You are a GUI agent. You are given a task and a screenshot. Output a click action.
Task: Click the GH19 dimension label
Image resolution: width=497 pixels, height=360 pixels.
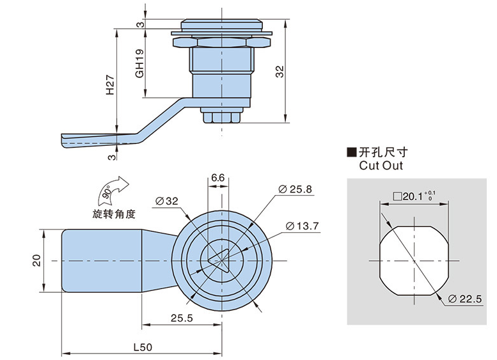point(139,65)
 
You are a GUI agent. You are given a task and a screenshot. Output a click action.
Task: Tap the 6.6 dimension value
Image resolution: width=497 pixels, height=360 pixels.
point(217,177)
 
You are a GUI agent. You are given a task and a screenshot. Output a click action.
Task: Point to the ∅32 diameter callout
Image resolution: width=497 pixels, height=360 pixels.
point(167,201)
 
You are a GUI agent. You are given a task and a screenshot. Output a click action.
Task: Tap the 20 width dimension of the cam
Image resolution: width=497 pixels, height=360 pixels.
point(36,260)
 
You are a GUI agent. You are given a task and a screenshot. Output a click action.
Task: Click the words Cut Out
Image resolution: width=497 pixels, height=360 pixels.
point(382,166)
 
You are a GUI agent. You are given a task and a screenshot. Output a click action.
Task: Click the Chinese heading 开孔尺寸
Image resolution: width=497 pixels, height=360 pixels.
point(383,152)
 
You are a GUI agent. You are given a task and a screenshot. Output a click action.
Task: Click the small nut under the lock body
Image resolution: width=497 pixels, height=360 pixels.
point(221,116)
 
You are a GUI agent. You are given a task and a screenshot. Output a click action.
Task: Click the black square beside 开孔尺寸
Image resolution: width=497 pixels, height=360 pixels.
point(351,152)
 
